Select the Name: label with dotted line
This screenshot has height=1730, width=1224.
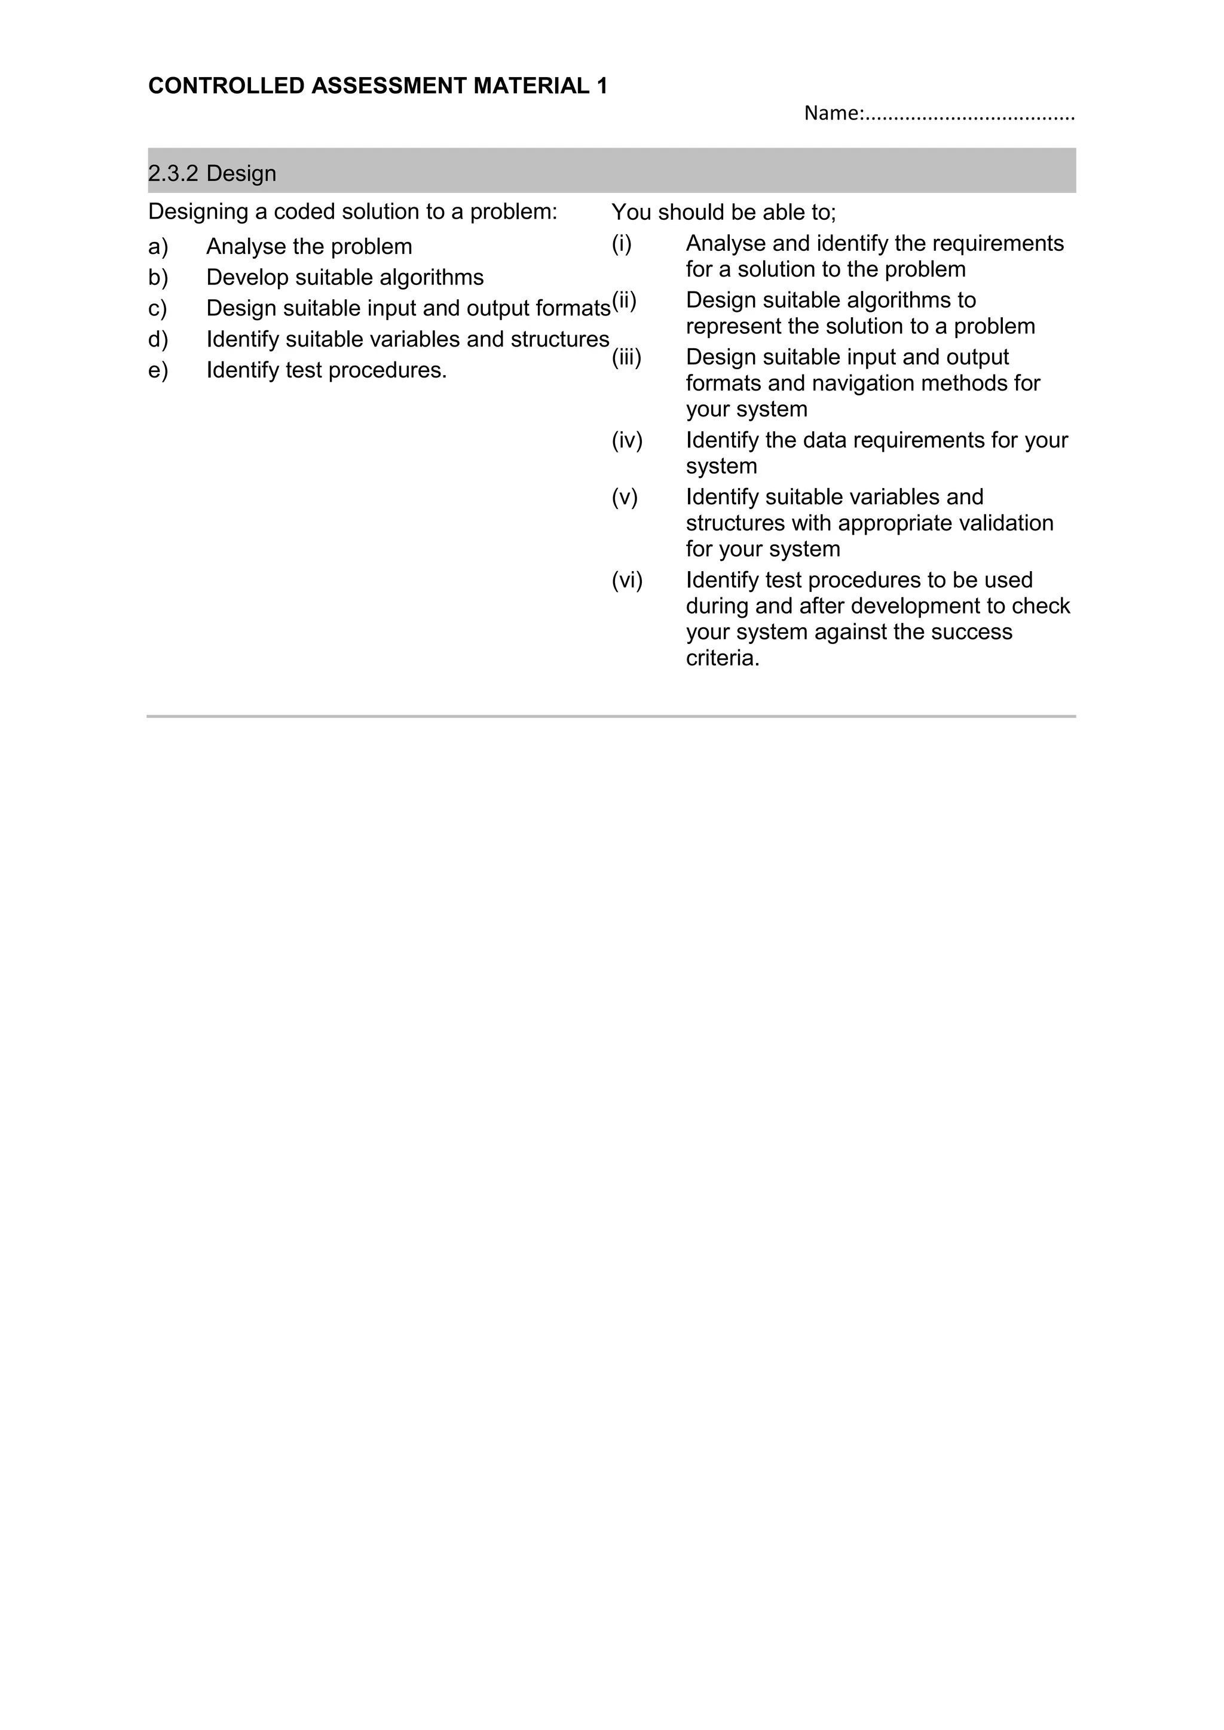click(938, 114)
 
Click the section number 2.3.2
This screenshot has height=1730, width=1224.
click(173, 173)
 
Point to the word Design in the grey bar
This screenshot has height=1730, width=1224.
click(241, 173)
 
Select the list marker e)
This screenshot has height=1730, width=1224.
click(158, 370)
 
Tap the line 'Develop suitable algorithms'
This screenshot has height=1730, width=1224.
click(344, 277)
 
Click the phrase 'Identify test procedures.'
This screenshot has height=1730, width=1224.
click(326, 370)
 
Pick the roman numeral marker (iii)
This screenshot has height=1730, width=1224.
click(626, 357)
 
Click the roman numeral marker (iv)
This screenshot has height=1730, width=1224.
click(627, 440)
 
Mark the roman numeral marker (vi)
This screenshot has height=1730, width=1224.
click(627, 580)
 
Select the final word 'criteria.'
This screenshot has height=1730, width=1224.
click(723, 658)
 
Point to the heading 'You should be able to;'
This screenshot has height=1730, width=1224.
click(724, 213)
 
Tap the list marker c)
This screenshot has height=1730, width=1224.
click(158, 308)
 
